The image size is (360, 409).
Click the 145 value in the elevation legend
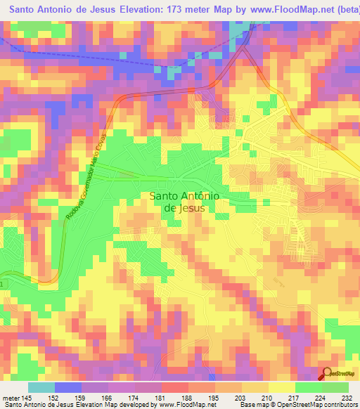26,398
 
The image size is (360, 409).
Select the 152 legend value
54,398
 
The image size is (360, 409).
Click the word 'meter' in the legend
10,398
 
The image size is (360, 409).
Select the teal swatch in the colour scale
41,387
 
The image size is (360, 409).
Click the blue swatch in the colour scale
67,387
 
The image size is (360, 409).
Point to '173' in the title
161,10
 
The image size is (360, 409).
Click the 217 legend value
295,398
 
